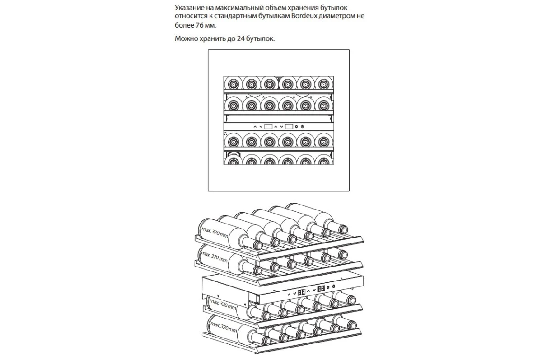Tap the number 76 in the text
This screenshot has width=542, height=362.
pyautogui.click(x=199, y=25)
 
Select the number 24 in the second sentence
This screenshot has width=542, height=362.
pyautogui.click(x=241, y=38)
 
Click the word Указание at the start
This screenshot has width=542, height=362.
pyautogui.click(x=190, y=8)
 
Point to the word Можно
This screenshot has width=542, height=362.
pyautogui.click(x=186, y=38)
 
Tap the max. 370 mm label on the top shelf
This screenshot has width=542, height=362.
pyautogui.click(x=215, y=232)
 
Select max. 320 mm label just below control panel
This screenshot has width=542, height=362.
pyautogui.click(x=223, y=305)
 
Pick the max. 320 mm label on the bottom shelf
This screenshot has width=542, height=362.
pyautogui.click(x=224, y=327)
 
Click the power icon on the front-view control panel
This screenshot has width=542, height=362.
pyautogui.click(x=302, y=127)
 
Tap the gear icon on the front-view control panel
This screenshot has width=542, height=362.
pyautogui.click(x=296, y=127)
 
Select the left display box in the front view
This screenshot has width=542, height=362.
pyautogui.click(x=268, y=127)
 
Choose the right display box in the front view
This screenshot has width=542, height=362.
pyautogui.click(x=289, y=127)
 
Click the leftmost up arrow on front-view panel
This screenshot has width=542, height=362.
pyautogui.click(x=255, y=127)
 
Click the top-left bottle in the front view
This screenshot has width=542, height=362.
pyautogui.click(x=233, y=84)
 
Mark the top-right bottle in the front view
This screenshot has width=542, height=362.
pyautogui.click(x=324, y=84)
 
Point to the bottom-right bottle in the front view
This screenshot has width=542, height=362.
pyautogui.click(x=324, y=160)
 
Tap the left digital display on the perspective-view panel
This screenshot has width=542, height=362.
pyautogui.click(x=302, y=292)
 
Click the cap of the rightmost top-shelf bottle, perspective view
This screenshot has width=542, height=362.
pyautogui.click(x=343, y=229)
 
